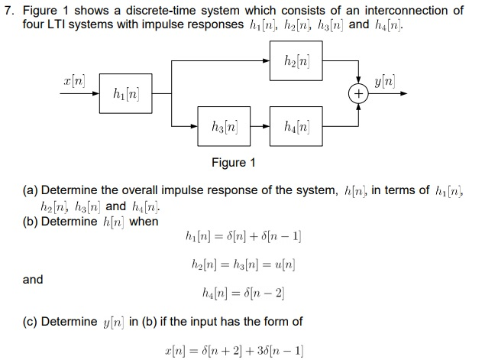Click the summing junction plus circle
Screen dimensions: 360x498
(x=357, y=94)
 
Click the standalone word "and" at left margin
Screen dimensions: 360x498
(x=33, y=279)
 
